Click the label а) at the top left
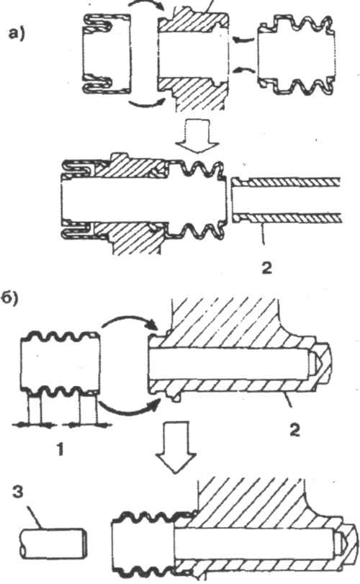tap(17, 35)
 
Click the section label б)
tap(10, 299)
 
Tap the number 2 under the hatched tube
tap(266, 268)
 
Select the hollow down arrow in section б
tap(176, 447)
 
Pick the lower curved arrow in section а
tap(146, 105)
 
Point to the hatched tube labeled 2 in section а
tap(286, 200)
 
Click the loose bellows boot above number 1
tap(60, 362)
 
